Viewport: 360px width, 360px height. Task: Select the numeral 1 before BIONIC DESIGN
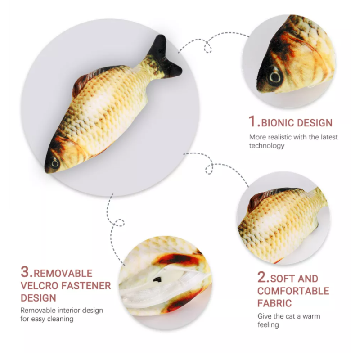(x=254, y=121)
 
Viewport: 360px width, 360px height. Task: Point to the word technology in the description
(x=267, y=146)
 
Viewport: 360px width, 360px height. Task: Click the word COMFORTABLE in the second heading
(x=293, y=291)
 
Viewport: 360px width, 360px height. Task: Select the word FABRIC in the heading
(x=274, y=303)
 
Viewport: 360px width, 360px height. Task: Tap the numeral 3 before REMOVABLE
(x=26, y=272)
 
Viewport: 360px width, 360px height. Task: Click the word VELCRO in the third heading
(x=38, y=285)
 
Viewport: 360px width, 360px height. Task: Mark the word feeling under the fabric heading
(x=268, y=324)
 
